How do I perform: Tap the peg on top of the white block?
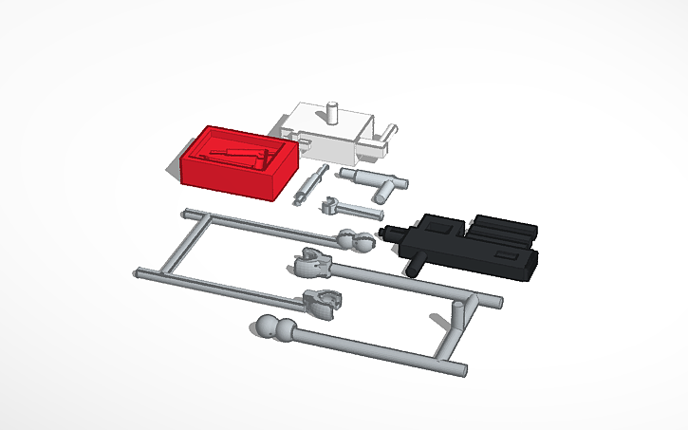click(x=333, y=108)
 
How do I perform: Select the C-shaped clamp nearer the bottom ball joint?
click(x=322, y=302)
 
